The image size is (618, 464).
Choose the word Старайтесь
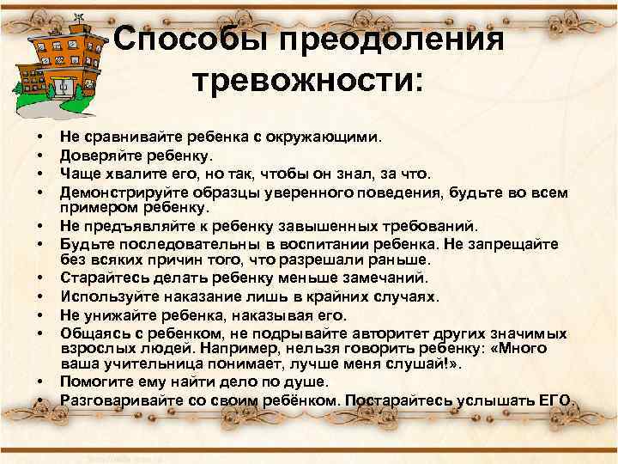click(101, 278)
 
